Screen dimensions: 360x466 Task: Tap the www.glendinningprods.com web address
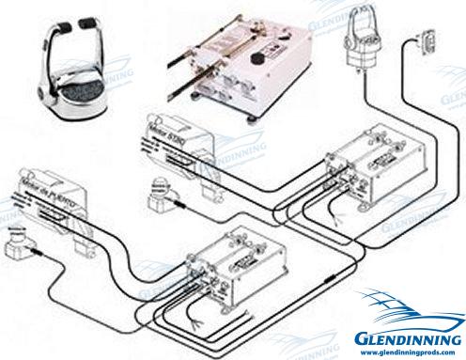410,350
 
